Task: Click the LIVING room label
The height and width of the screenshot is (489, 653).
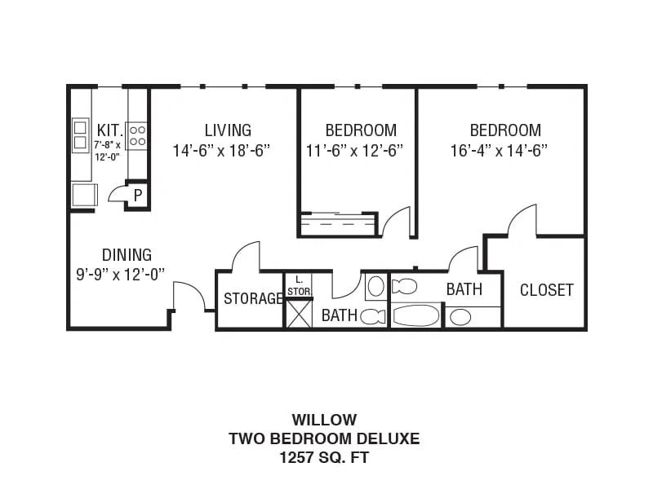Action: click(x=228, y=130)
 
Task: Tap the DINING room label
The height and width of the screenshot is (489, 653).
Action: click(x=127, y=254)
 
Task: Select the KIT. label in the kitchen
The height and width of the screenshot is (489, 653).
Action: click(x=110, y=130)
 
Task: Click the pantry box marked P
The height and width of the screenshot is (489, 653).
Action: click(x=138, y=195)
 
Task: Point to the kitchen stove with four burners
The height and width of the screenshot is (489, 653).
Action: click(x=137, y=135)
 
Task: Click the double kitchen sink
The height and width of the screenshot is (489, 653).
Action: click(x=80, y=135)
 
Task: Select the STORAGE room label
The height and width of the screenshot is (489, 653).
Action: click(x=253, y=298)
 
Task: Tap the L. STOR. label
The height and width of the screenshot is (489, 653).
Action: click(x=299, y=286)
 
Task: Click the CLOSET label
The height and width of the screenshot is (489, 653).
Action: click(x=546, y=290)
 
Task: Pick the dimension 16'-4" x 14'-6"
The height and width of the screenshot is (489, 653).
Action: click(x=499, y=150)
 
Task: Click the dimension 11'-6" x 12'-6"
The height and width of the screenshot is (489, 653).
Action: click(x=354, y=150)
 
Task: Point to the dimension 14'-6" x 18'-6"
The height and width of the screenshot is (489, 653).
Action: click(x=221, y=150)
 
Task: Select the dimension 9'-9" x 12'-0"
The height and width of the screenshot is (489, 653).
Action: click(x=120, y=275)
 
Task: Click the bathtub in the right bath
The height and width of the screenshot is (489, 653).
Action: click(x=415, y=315)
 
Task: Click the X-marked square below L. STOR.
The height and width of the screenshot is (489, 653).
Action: click(x=299, y=314)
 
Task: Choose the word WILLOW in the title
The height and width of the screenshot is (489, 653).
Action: click(x=324, y=420)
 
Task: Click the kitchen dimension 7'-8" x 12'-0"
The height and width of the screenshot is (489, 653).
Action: click(x=107, y=151)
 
